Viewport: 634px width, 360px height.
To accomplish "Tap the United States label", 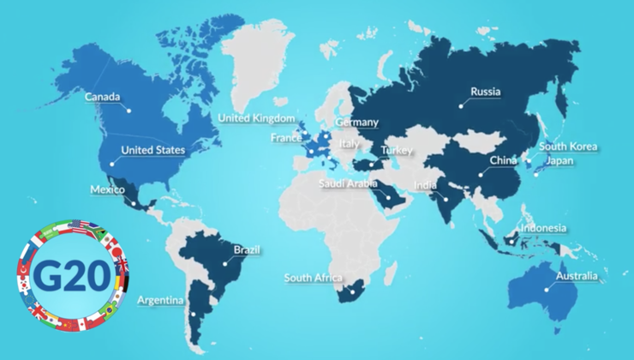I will pyautogui.click(x=153, y=150).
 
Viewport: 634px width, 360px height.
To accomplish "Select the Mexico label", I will pyautogui.click(x=107, y=189).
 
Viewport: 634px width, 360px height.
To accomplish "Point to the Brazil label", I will pyautogui.click(x=247, y=250).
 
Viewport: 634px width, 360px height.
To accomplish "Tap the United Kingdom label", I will pyautogui.click(x=256, y=118).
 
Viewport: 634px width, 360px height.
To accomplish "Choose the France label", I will pyautogui.click(x=285, y=137).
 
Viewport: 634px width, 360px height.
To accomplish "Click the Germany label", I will pyautogui.click(x=357, y=123).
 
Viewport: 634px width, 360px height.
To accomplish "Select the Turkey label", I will pyautogui.click(x=397, y=151).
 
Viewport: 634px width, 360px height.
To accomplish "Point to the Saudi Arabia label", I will pyautogui.click(x=349, y=183).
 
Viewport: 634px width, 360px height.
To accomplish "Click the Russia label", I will pyautogui.click(x=486, y=92).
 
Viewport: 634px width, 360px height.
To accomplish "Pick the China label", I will pyautogui.click(x=502, y=160).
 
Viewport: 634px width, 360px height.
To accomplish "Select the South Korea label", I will pyautogui.click(x=569, y=147).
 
